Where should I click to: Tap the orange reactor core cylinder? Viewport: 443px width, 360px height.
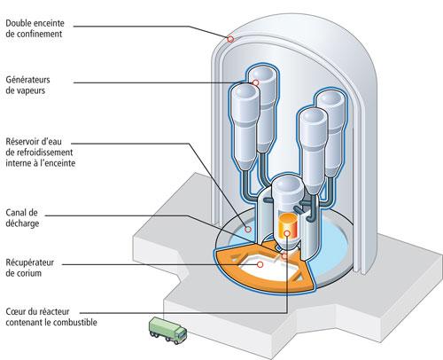(288, 229)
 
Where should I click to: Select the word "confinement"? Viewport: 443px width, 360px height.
(44, 35)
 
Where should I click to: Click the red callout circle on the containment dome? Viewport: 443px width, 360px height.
(231, 38)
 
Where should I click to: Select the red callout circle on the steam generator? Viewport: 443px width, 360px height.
(254, 82)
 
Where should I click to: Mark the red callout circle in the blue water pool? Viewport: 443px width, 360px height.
(249, 230)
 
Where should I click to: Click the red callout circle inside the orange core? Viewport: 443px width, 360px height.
(285, 254)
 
